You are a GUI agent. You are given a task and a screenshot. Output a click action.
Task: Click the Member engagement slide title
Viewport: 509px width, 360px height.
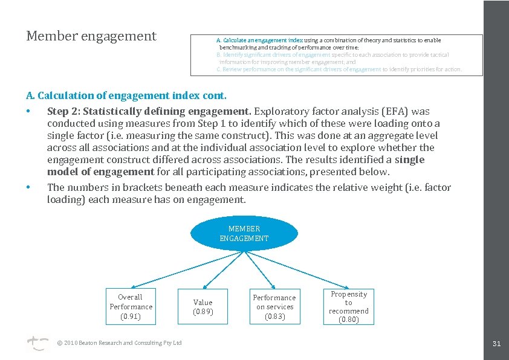tap(91, 36)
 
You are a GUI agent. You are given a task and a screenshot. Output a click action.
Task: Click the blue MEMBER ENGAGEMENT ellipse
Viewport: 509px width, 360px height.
tap(244, 234)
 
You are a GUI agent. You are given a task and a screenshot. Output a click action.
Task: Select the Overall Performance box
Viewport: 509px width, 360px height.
tap(131, 306)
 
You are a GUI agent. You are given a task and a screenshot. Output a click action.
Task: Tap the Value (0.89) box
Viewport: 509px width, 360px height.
tap(203, 307)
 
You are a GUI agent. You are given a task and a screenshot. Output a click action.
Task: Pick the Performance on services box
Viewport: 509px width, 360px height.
tap(274, 307)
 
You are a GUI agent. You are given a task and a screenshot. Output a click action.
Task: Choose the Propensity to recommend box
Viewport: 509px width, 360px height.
tap(348, 307)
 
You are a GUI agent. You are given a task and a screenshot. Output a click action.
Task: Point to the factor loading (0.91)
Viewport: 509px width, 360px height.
tap(131, 316)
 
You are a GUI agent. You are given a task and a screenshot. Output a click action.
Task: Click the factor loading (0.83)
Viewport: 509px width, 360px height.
tap(274, 316)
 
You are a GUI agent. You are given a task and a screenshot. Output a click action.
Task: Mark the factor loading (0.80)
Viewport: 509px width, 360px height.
tap(348, 320)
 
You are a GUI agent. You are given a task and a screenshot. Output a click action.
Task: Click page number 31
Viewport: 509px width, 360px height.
tap(496, 344)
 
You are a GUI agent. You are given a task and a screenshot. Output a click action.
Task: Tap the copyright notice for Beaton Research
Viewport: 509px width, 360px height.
tap(119, 343)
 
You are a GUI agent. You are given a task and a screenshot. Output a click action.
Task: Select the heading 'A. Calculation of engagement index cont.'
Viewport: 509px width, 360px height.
tap(126, 95)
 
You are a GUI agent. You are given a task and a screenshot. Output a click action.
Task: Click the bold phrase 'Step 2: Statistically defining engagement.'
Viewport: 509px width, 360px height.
tap(149, 111)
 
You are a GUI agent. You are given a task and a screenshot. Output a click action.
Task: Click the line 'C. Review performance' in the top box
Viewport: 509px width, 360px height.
tap(339, 69)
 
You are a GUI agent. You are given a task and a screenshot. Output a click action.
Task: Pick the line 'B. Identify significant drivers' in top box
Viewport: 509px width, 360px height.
tap(332, 55)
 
